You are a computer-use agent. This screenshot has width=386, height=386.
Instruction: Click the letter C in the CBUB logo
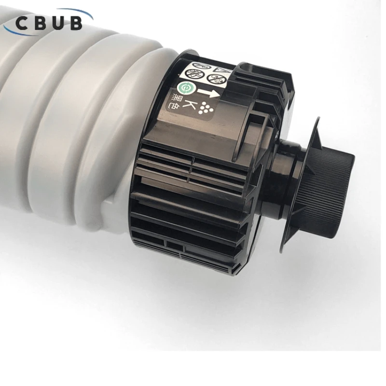click(22, 23)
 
